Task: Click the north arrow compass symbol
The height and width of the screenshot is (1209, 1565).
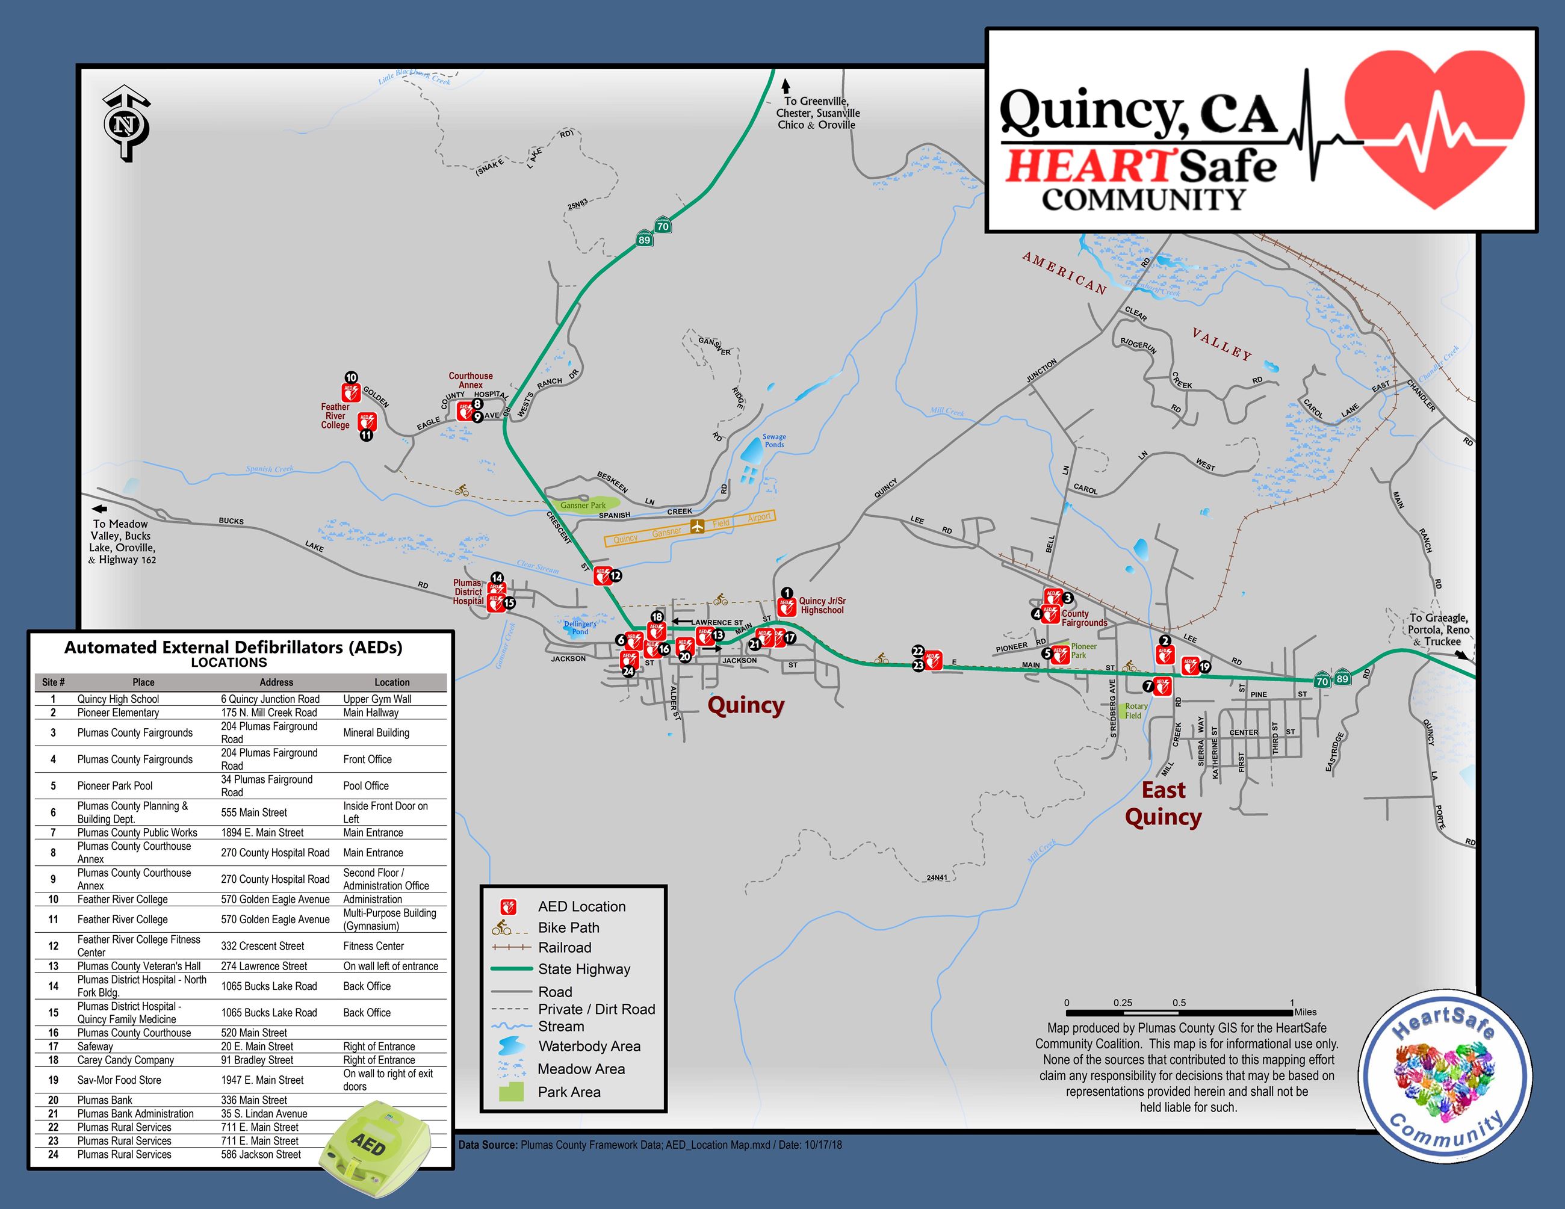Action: click(x=126, y=124)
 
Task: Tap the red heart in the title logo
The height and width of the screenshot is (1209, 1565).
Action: click(x=1434, y=129)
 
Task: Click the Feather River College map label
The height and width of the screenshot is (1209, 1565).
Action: click(x=335, y=416)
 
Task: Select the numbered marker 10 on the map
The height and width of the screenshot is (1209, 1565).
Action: click(x=351, y=377)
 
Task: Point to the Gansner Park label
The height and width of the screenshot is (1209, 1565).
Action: click(x=583, y=506)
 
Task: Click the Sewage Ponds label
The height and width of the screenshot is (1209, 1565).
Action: click(x=774, y=441)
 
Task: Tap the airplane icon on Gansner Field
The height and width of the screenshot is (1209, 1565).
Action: click(x=697, y=527)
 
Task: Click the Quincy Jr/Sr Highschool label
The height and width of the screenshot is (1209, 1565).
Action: click(x=822, y=606)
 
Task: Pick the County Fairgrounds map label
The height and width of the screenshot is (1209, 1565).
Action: click(x=1083, y=618)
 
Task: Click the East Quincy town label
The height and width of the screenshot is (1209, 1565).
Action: click(x=1163, y=803)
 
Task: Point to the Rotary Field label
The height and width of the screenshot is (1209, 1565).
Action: click(x=1136, y=711)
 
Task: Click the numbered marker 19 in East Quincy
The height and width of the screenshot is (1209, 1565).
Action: click(x=1204, y=667)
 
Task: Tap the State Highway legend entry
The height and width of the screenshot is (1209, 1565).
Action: click(x=584, y=969)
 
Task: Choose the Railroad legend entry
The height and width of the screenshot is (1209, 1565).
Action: click(x=565, y=948)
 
